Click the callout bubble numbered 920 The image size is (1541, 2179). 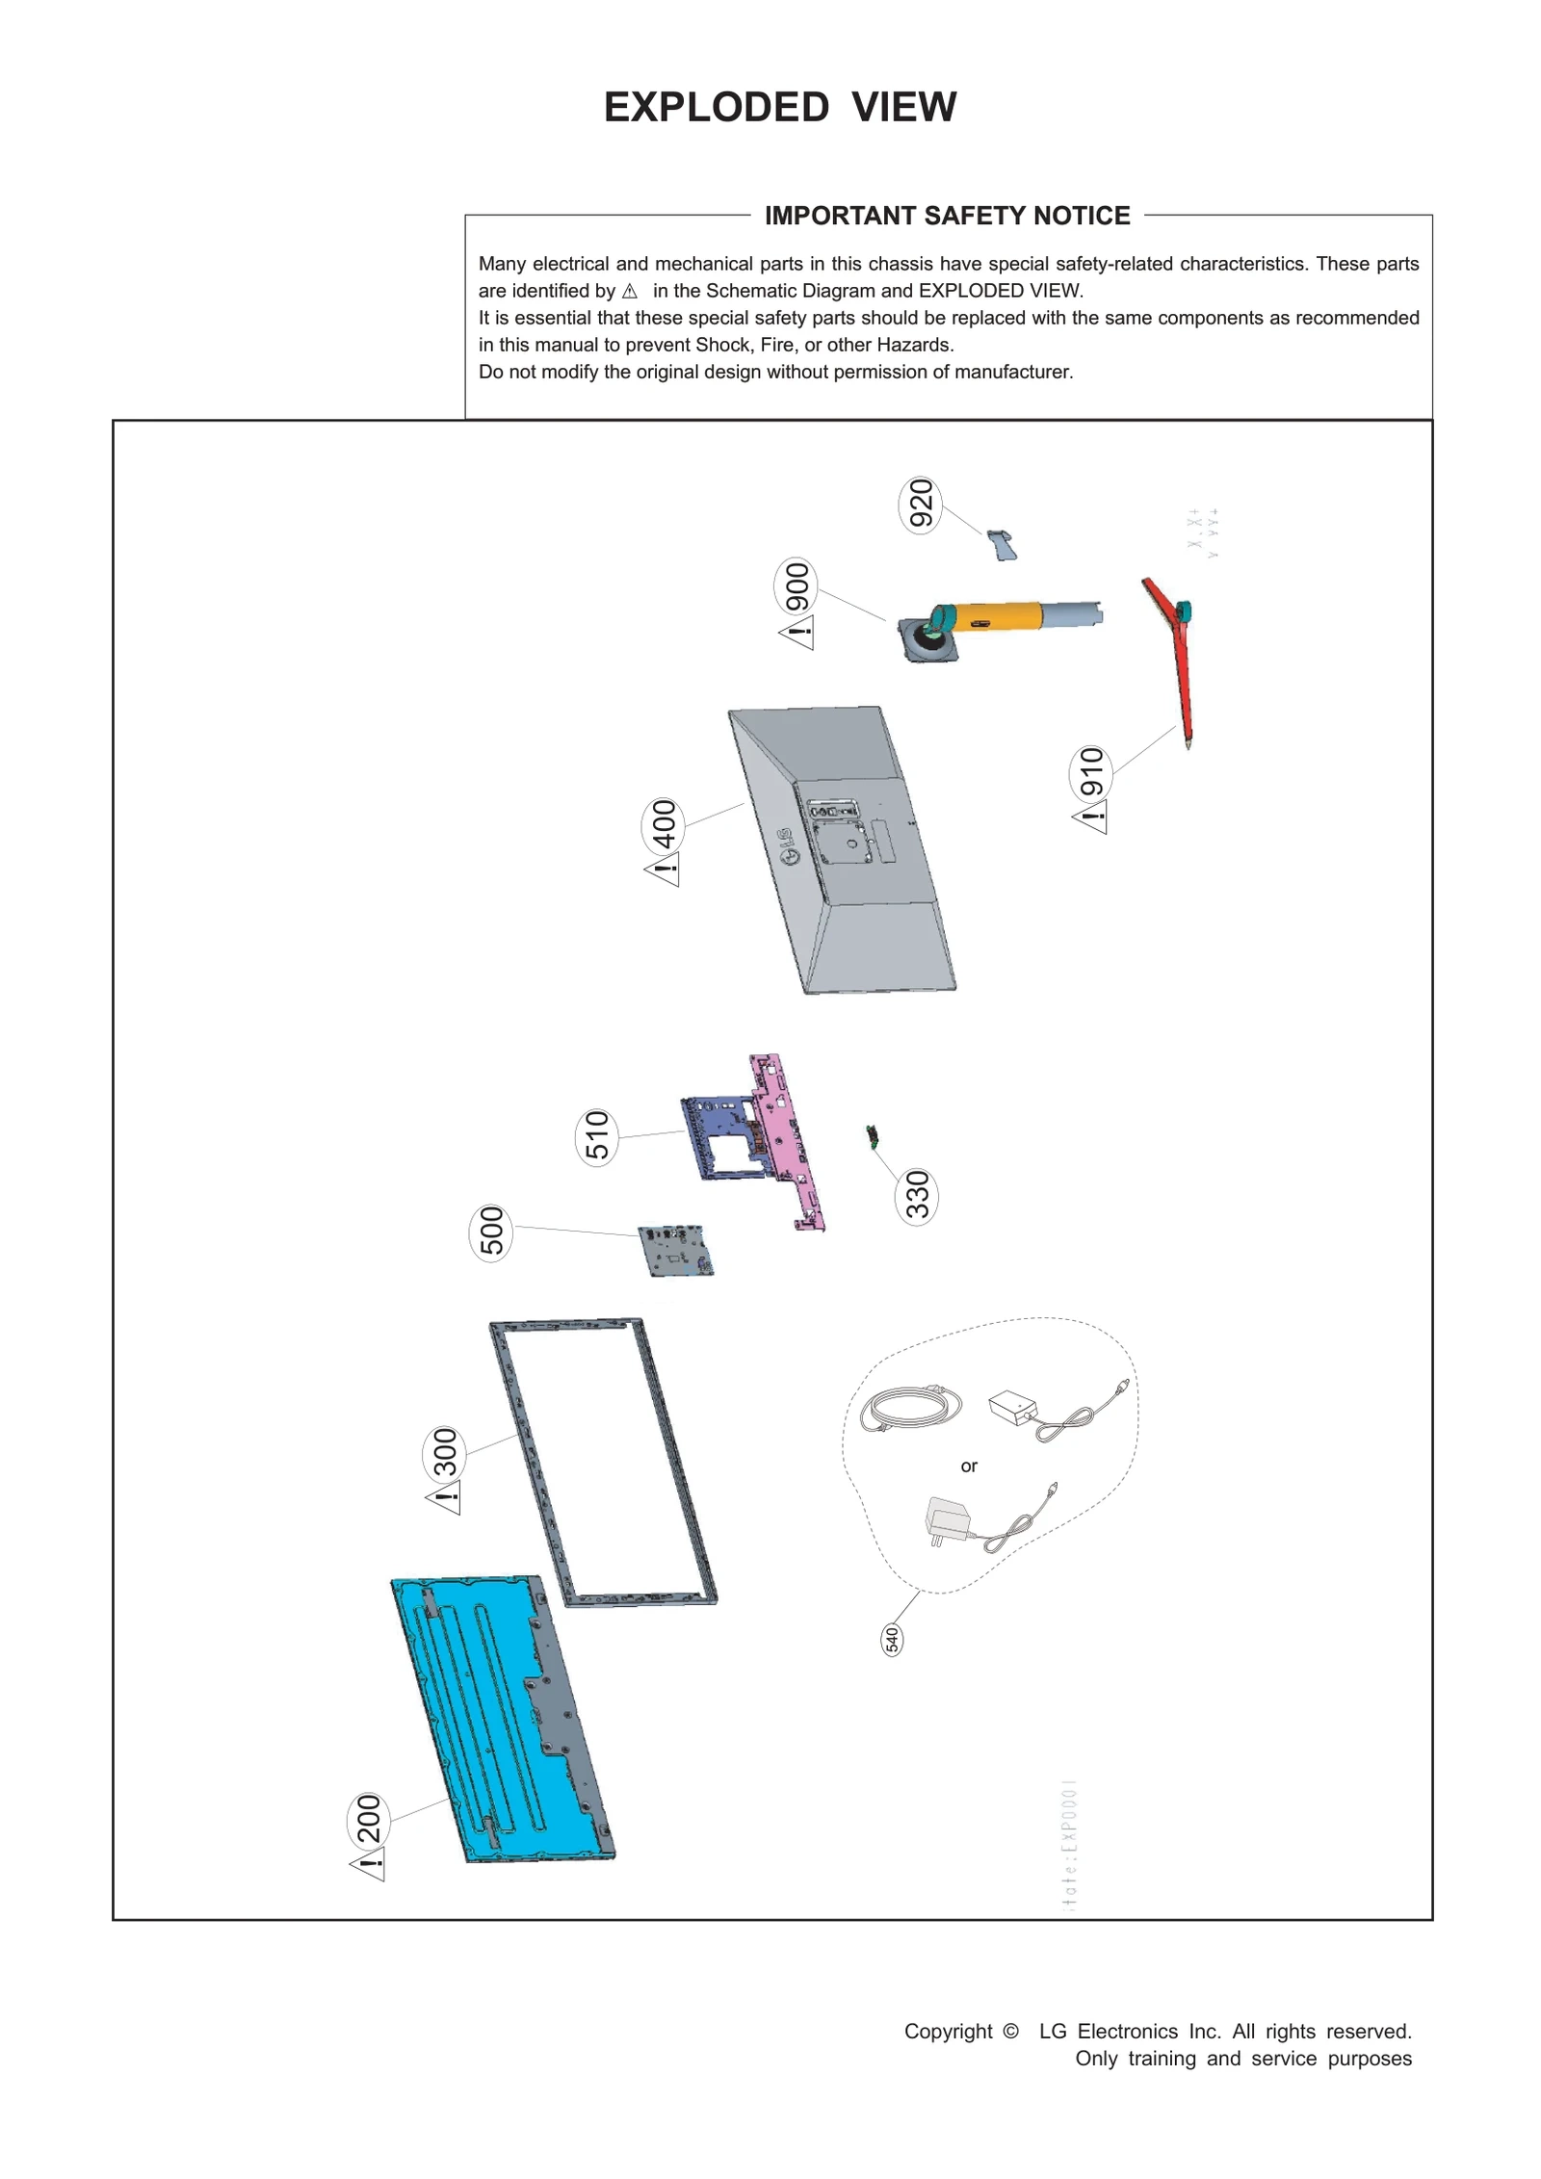(920, 505)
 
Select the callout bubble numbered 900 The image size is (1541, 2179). (796, 586)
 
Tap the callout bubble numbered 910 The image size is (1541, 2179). (1090, 771)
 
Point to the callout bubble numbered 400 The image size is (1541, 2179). (663, 824)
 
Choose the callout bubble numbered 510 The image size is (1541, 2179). (596, 1136)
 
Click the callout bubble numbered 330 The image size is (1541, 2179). (916, 1195)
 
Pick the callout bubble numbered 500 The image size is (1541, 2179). (490, 1232)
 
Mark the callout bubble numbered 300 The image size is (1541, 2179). (443, 1453)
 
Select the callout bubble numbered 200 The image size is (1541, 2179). (368, 1819)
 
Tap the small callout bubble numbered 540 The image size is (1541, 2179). (892, 1639)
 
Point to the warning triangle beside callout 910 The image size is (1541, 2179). (1091, 817)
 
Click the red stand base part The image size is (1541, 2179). (1177, 655)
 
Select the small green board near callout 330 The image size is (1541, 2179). (873, 1136)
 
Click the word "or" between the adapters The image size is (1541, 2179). (968, 1466)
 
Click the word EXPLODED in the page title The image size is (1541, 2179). (716, 107)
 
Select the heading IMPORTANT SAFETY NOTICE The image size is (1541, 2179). (946, 216)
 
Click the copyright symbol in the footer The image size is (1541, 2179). (1009, 2031)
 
